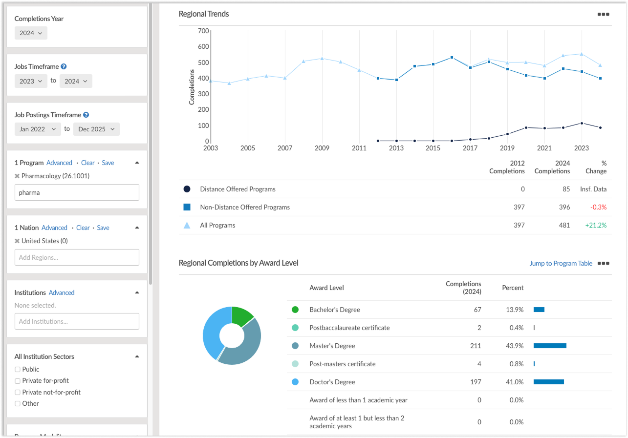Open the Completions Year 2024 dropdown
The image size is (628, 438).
31,33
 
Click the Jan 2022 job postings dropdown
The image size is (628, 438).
38,129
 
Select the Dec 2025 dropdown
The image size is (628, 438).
96,129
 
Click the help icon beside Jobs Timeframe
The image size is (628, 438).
64,66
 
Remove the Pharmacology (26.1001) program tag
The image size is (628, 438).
17,176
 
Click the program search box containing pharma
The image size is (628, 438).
77,192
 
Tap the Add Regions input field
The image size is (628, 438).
77,257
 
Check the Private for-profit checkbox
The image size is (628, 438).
18,381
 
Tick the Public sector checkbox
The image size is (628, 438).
18,369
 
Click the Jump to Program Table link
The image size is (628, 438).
561,263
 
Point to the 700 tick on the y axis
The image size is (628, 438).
203,31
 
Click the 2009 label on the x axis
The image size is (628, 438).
322,148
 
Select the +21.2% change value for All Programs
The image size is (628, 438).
596,225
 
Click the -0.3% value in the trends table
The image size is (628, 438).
598,207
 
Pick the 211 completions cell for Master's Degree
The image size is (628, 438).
476,346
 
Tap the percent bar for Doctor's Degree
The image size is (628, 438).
549,382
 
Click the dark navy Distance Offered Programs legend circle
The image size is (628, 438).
187,189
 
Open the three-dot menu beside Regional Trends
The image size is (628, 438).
604,14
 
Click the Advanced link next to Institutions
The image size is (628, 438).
62,292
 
